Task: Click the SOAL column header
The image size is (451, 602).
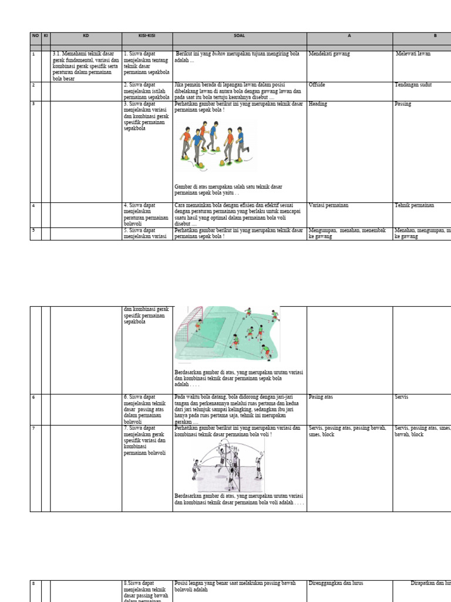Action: tap(240, 36)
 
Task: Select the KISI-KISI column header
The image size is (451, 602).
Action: tap(147, 36)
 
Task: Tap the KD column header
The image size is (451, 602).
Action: tap(86, 36)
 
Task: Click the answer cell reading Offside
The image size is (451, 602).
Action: tap(317, 85)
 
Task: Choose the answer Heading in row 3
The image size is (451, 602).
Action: tap(318, 104)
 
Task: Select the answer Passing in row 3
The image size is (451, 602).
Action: tap(403, 104)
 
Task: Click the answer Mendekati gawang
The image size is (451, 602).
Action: tap(329, 53)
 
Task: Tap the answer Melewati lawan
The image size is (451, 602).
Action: tap(413, 53)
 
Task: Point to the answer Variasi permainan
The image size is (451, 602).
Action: tap(328, 205)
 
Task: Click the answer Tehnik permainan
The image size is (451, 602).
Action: tap(415, 205)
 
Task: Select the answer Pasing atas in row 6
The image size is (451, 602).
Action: tap(321, 397)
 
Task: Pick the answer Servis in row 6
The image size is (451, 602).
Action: tap(402, 397)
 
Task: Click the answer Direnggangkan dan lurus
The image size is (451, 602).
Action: tap(336, 583)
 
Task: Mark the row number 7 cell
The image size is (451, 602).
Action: tap(33, 429)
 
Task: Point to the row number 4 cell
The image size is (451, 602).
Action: tap(33, 205)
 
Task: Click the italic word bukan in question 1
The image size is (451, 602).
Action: tap(218, 53)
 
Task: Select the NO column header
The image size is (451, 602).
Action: tap(35, 36)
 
